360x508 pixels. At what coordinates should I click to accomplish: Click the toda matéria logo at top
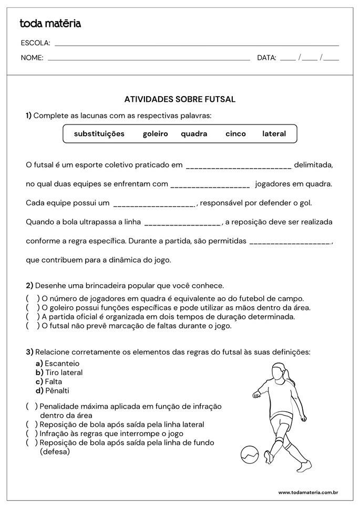click(x=50, y=24)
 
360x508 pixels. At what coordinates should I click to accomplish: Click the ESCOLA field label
click(x=35, y=43)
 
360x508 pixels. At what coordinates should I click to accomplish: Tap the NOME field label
click(x=32, y=58)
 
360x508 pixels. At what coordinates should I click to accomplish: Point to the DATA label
click(x=266, y=58)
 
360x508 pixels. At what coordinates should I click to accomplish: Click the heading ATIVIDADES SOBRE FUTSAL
click(x=180, y=99)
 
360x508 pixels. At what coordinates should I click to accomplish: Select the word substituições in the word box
click(x=99, y=134)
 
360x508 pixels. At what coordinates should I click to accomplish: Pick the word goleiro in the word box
click(x=155, y=134)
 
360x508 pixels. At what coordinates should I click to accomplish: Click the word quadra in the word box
click(x=194, y=134)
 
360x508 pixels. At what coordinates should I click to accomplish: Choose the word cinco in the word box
click(x=235, y=134)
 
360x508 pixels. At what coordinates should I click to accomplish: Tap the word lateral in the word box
click(x=274, y=134)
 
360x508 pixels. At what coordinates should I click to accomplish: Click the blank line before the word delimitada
click(x=239, y=167)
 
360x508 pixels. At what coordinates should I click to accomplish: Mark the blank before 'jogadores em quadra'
click(x=210, y=185)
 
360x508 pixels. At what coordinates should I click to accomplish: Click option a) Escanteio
click(x=57, y=363)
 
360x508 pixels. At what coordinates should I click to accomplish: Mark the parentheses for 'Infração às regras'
click(x=32, y=433)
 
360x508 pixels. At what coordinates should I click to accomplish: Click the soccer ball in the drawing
click(x=249, y=454)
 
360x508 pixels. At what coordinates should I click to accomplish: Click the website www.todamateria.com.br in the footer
click(x=307, y=493)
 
